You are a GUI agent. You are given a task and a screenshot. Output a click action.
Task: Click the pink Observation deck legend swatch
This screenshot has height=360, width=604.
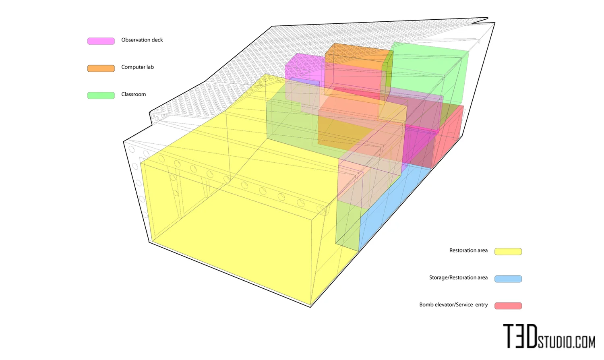[101, 41]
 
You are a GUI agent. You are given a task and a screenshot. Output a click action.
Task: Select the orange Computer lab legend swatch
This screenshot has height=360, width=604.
[101, 68]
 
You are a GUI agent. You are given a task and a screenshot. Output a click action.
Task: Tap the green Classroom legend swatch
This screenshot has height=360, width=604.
[101, 95]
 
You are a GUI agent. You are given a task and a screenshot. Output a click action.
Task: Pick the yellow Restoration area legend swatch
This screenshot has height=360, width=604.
[508, 252]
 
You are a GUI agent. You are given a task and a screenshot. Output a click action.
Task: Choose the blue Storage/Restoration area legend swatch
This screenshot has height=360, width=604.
[508, 279]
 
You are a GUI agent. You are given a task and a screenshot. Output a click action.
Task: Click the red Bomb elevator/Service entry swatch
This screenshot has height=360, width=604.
[508, 306]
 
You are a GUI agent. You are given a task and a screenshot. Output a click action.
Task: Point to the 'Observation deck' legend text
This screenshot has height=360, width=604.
[142, 40]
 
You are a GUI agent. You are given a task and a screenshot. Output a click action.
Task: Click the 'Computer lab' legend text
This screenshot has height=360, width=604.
[137, 67]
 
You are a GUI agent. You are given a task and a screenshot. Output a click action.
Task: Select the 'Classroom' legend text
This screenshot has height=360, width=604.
[133, 94]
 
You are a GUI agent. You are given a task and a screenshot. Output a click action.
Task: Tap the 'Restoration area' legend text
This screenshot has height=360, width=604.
[468, 250]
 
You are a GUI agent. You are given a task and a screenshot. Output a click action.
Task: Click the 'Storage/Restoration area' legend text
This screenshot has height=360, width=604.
[458, 277]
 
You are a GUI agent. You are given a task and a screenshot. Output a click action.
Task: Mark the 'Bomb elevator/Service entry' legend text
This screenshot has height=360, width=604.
[453, 305]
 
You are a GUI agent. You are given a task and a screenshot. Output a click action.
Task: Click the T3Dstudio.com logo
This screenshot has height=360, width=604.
[549, 337]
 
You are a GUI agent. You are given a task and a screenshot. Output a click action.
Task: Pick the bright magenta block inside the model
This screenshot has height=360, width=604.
[419, 145]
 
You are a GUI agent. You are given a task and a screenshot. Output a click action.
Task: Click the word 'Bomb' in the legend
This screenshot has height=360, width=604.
[426, 305]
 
